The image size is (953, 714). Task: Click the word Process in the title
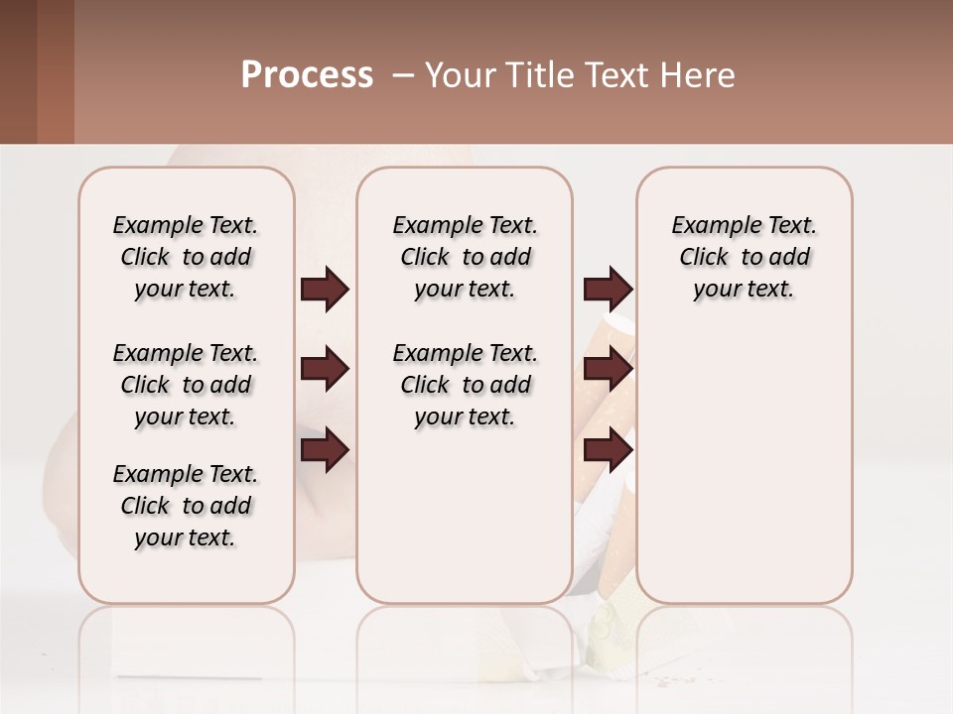pos(307,75)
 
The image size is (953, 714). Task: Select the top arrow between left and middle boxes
pos(325,290)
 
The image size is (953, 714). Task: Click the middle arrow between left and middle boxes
pos(325,370)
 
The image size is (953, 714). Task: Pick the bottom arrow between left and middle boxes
pos(325,450)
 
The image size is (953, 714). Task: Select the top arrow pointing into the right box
pos(608,290)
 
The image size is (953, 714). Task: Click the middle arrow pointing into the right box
pos(608,370)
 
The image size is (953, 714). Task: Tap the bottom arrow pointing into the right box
pos(608,450)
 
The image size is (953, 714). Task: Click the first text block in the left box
pos(186,257)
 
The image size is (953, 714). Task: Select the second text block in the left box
pos(186,385)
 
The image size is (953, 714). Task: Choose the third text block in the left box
pos(186,506)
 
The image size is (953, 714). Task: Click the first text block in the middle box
pos(465,257)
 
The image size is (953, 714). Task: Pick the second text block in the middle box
pos(465,385)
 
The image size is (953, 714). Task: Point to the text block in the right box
pos(744,257)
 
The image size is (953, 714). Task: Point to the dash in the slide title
pos(401,75)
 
